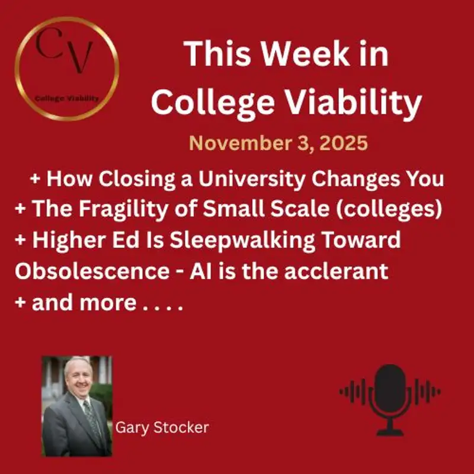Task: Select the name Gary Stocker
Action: tap(162, 427)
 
